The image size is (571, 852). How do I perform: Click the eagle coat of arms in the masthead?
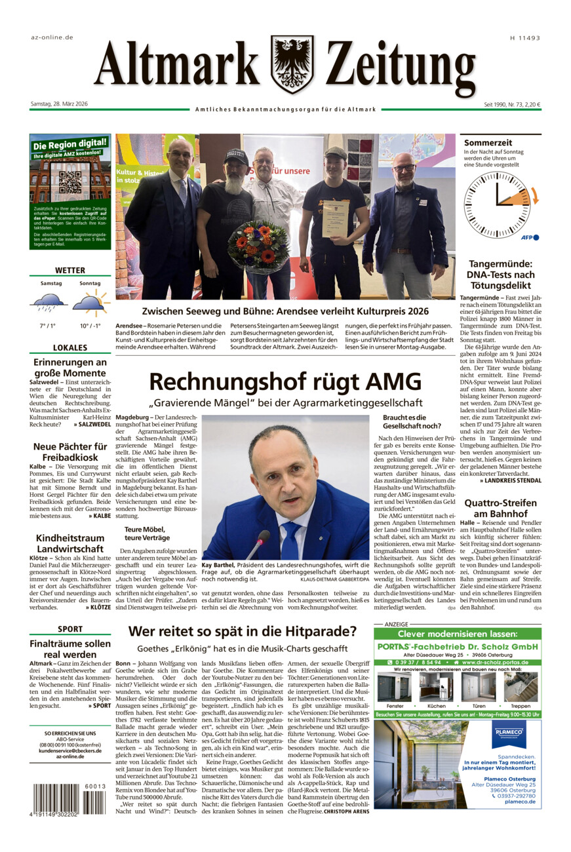click(x=292, y=64)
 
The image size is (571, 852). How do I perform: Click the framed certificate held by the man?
click(x=334, y=218)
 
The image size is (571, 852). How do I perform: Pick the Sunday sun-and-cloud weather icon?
click(x=90, y=302)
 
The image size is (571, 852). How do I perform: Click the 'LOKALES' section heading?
click(x=70, y=348)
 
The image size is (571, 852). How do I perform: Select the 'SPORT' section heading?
click(x=70, y=629)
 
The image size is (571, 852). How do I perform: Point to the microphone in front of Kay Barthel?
click(x=258, y=545)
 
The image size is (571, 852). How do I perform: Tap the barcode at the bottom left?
click(x=69, y=798)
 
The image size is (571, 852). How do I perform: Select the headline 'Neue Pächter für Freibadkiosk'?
click(x=70, y=452)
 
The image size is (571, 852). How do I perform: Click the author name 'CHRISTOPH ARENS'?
click(x=346, y=811)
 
